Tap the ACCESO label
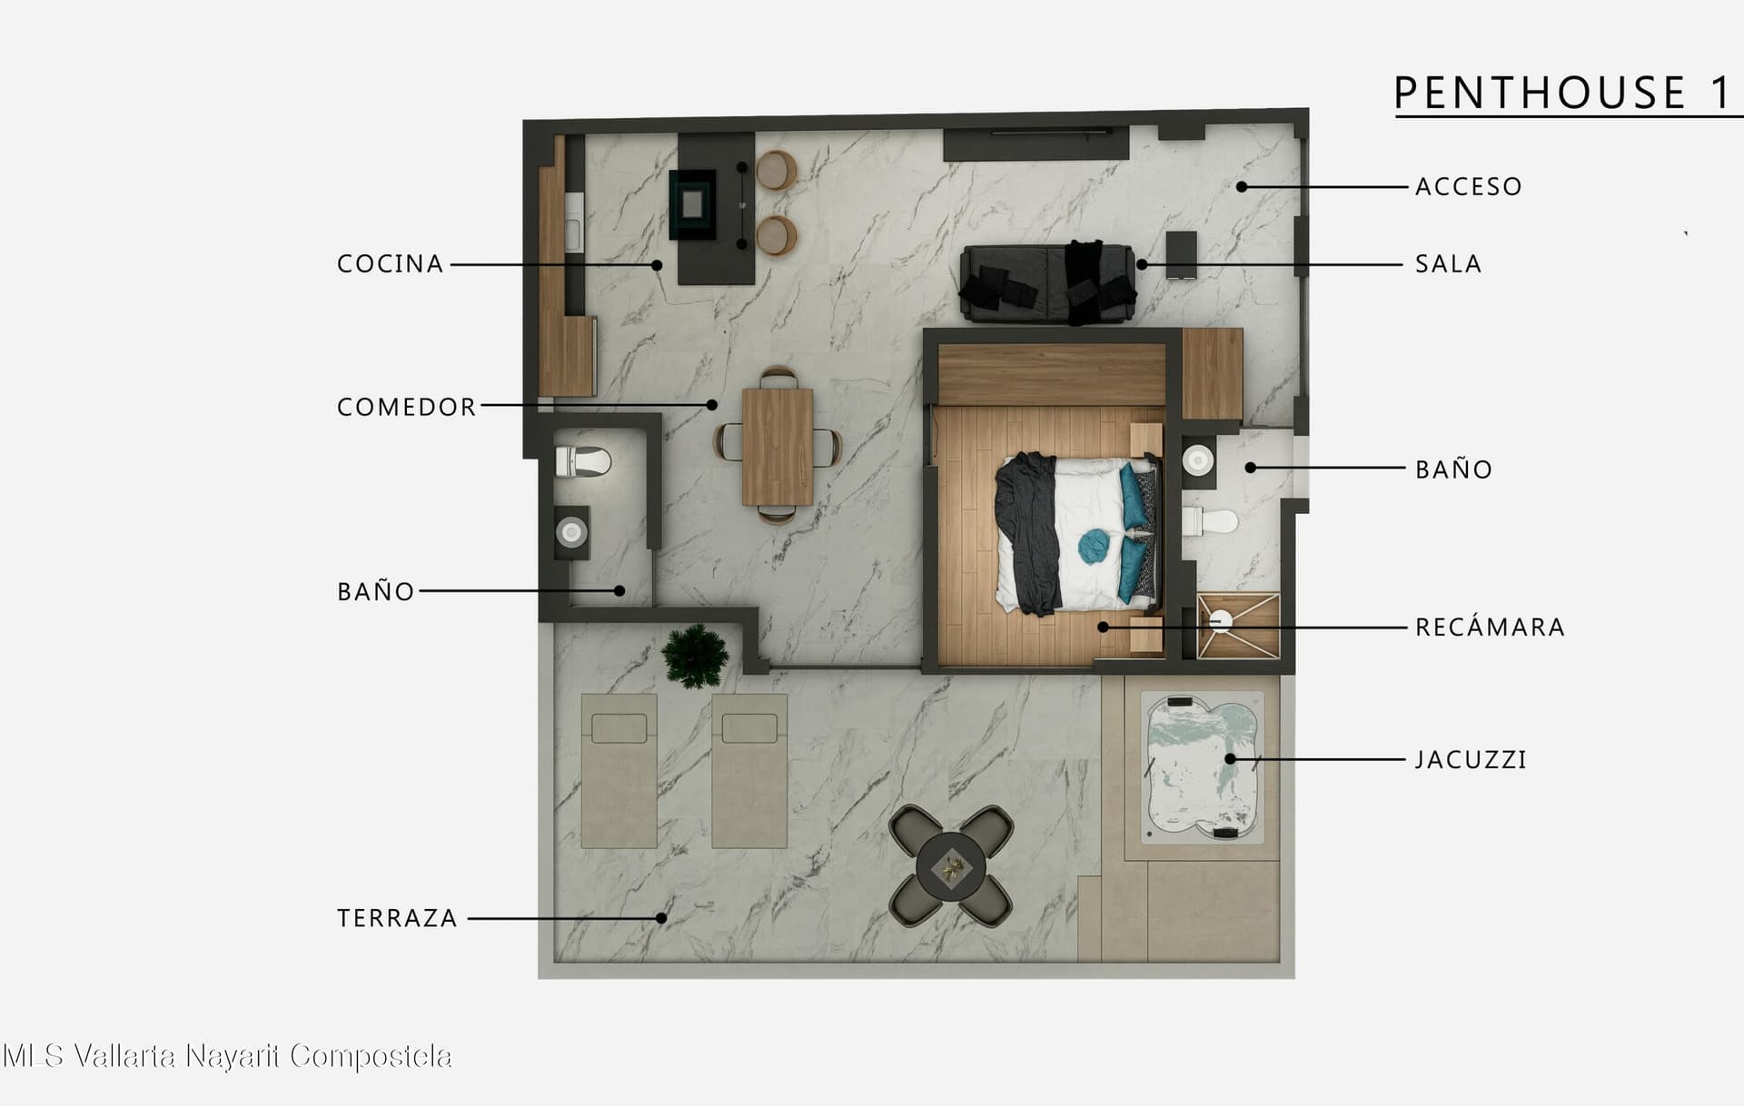pyautogui.click(x=1468, y=187)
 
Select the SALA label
pyautogui.click(x=1448, y=264)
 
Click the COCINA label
pyautogui.click(x=390, y=264)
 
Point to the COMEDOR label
pyautogui.click(x=406, y=407)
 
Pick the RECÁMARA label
pyautogui.click(x=1490, y=627)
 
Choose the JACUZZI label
pyautogui.click(x=1471, y=760)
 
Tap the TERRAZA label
pyautogui.click(x=397, y=918)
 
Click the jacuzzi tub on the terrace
pyautogui.click(x=1202, y=766)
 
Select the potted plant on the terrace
pyautogui.click(x=695, y=656)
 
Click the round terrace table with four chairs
pyautogui.click(x=950, y=866)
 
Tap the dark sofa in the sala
pyautogui.click(x=1047, y=282)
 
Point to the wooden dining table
pyautogui.click(x=778, y=446)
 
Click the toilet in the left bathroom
pyautogui.click(x=582, y=461)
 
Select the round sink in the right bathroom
pyautogui.click(x=1198, y=460)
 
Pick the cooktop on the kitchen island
pyautogui.click(x=693, y=204)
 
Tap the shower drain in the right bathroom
pyautogui.click(x=1222, y=621)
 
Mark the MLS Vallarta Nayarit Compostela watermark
pyautogui.click(x=227, y=1056)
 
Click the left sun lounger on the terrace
pyautogui.click(x=619, y=771)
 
